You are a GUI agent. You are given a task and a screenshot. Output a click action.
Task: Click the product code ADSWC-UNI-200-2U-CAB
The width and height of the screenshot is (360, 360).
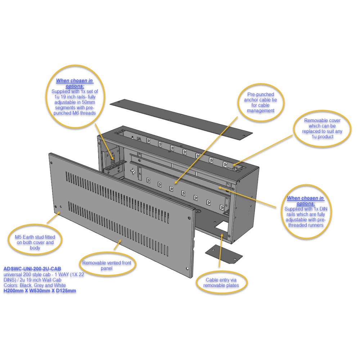pos(32,269)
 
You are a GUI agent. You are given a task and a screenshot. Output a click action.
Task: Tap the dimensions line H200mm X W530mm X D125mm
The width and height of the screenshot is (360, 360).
pos(40,291)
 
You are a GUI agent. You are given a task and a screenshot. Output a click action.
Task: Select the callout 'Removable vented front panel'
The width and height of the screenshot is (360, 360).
pos(107,265)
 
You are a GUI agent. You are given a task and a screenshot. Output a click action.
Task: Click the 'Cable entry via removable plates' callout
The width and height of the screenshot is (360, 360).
pos(221,282)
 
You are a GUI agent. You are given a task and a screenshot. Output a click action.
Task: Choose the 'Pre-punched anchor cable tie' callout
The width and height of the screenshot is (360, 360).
pos(261,102)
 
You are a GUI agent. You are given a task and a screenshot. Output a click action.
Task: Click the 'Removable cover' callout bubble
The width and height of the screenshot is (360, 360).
pos(322,129)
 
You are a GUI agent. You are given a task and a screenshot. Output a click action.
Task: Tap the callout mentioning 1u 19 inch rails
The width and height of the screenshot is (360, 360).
pos(75,96)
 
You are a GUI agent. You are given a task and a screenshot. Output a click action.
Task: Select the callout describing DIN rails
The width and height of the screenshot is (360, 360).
pos(306,212)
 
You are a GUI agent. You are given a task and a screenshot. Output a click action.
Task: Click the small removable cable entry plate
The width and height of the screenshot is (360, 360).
pos(224,253)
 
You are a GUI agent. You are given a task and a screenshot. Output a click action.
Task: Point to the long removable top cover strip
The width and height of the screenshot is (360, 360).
pos(181,118)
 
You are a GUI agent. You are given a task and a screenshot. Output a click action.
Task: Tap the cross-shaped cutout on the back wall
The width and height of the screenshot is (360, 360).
pos(133,171)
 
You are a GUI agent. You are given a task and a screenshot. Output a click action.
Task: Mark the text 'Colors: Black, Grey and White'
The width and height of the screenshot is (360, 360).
pos(35,285)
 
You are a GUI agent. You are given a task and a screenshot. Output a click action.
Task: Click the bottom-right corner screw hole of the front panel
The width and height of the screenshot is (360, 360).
pos(188,268)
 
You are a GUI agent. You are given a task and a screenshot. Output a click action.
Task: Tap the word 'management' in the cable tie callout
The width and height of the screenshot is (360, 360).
pos(261,111)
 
